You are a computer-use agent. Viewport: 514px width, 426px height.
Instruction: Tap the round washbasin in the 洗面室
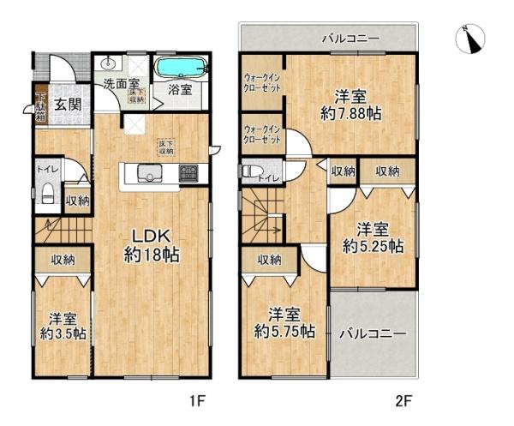(108, 65)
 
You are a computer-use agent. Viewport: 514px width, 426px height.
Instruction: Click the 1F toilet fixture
(48, 191)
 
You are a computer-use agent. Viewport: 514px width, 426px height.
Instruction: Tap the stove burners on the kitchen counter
(188, 176)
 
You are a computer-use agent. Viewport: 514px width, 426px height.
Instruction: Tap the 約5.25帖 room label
(374, 237)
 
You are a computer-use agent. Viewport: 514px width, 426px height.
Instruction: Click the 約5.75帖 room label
(284, 322)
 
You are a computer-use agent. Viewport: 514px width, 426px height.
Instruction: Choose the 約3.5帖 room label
(62, 325)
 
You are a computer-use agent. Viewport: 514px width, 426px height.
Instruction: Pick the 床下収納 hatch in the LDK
(164, 147)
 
